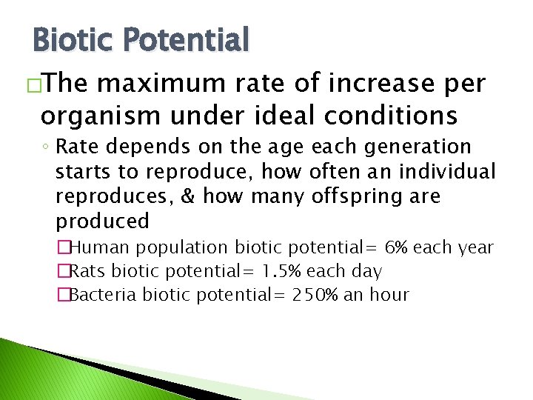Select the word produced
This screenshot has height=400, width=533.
102,221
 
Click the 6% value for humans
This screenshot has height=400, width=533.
397,247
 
